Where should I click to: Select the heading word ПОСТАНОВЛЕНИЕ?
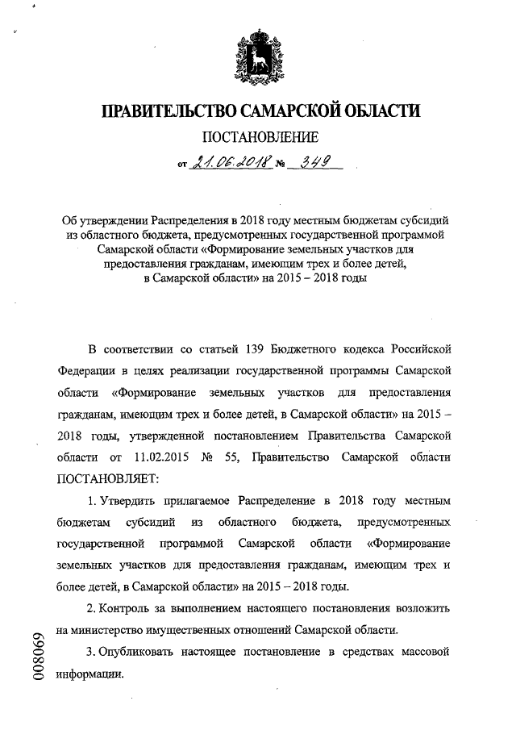pos(257,139)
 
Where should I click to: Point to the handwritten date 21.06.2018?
pos(230,164)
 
